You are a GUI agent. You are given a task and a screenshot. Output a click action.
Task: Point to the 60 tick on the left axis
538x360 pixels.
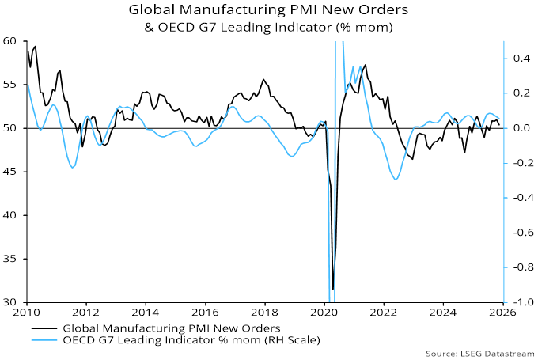(13, 40)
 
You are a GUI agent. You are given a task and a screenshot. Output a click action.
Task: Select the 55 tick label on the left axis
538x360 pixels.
(13, 84)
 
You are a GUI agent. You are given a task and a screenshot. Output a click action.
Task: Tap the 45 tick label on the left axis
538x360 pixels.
(13, 172)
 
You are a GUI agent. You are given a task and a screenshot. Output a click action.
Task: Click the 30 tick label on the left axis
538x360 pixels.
(13, 302)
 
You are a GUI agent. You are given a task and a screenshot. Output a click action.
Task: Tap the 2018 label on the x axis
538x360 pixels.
(264, 313)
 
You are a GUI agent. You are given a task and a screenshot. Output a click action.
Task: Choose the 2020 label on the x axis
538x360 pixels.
(324, 313)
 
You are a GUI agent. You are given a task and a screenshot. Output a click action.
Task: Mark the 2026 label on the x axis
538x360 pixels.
(502, 313)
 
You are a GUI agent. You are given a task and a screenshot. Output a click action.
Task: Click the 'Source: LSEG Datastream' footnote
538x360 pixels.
(479, 353)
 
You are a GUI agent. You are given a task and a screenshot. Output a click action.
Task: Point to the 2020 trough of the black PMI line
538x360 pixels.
(333, 289)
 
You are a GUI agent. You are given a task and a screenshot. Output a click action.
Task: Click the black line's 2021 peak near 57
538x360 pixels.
(365, 65)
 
